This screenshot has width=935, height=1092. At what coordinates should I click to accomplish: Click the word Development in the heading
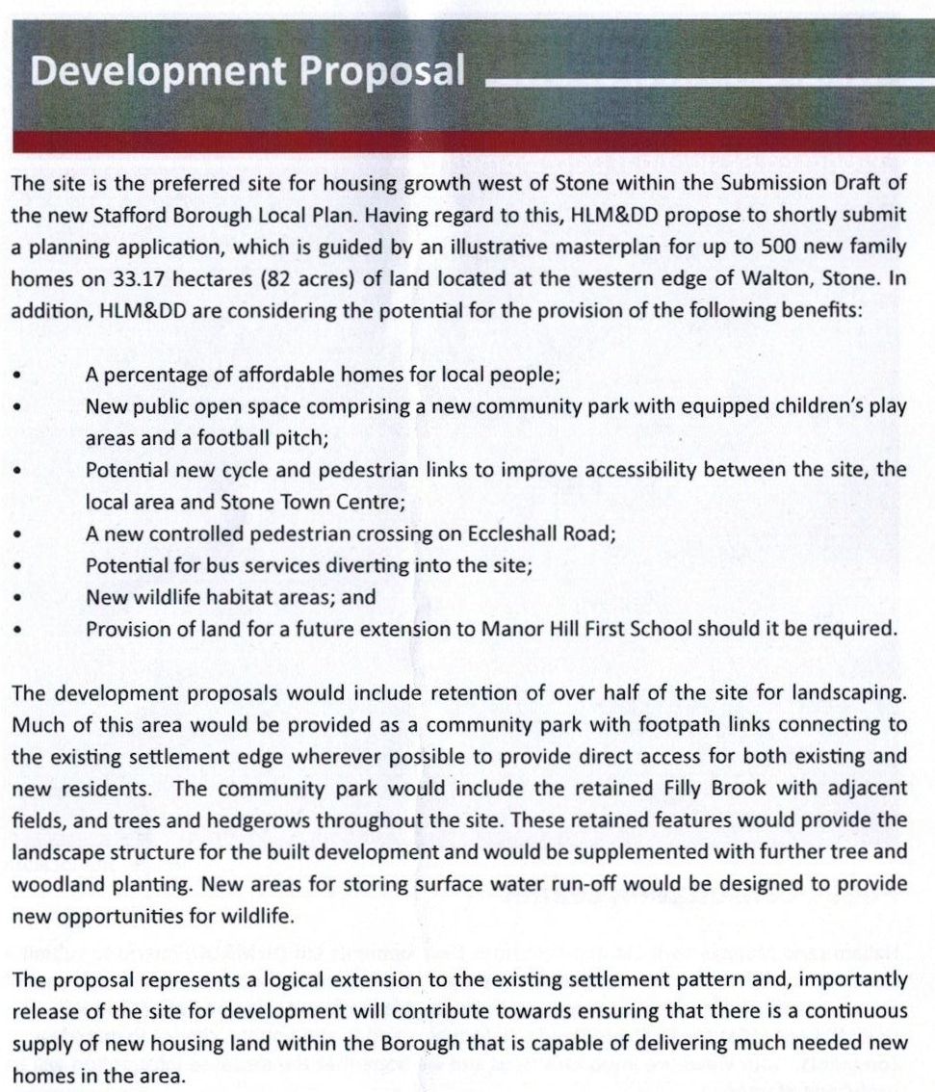(x=137, y=72)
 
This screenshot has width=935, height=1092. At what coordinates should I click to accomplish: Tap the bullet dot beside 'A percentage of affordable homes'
(x=17, y=375)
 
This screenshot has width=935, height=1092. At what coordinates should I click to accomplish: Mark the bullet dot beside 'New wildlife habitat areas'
(x=17, y=598)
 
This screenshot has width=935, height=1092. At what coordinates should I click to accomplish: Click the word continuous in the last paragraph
(x=850, y=1011)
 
